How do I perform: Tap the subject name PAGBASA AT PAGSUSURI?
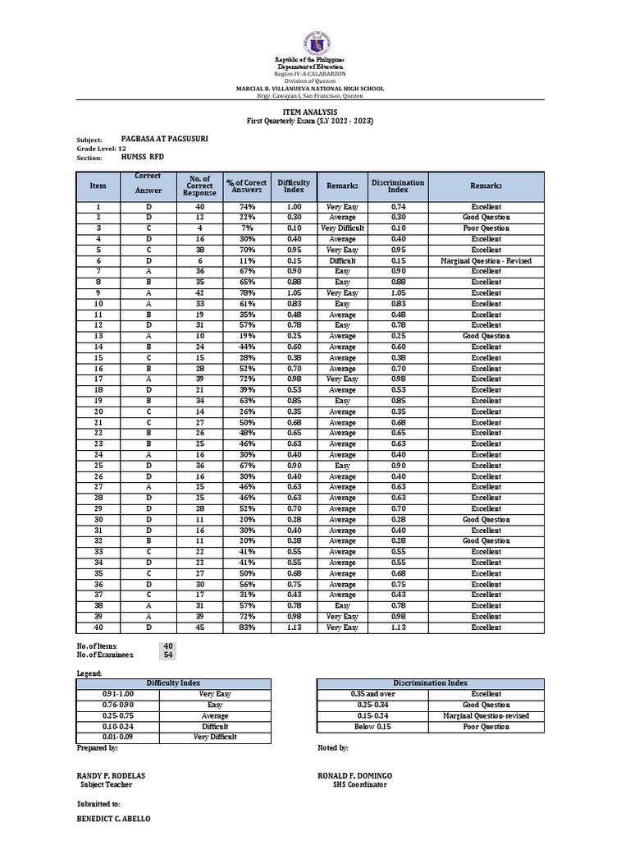pos(164,139)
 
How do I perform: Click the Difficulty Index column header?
pos(294,186)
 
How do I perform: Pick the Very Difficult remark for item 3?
pos(343,228)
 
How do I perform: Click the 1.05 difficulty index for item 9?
pos(294,293)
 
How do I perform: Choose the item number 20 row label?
pos(98,411)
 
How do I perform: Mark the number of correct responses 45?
pos(200,627)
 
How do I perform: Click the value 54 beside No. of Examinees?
pos(168,655)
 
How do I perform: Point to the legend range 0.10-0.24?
pos(117,727)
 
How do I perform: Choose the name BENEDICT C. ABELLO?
pos(113,820)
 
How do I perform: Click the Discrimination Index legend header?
pos(430,683)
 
